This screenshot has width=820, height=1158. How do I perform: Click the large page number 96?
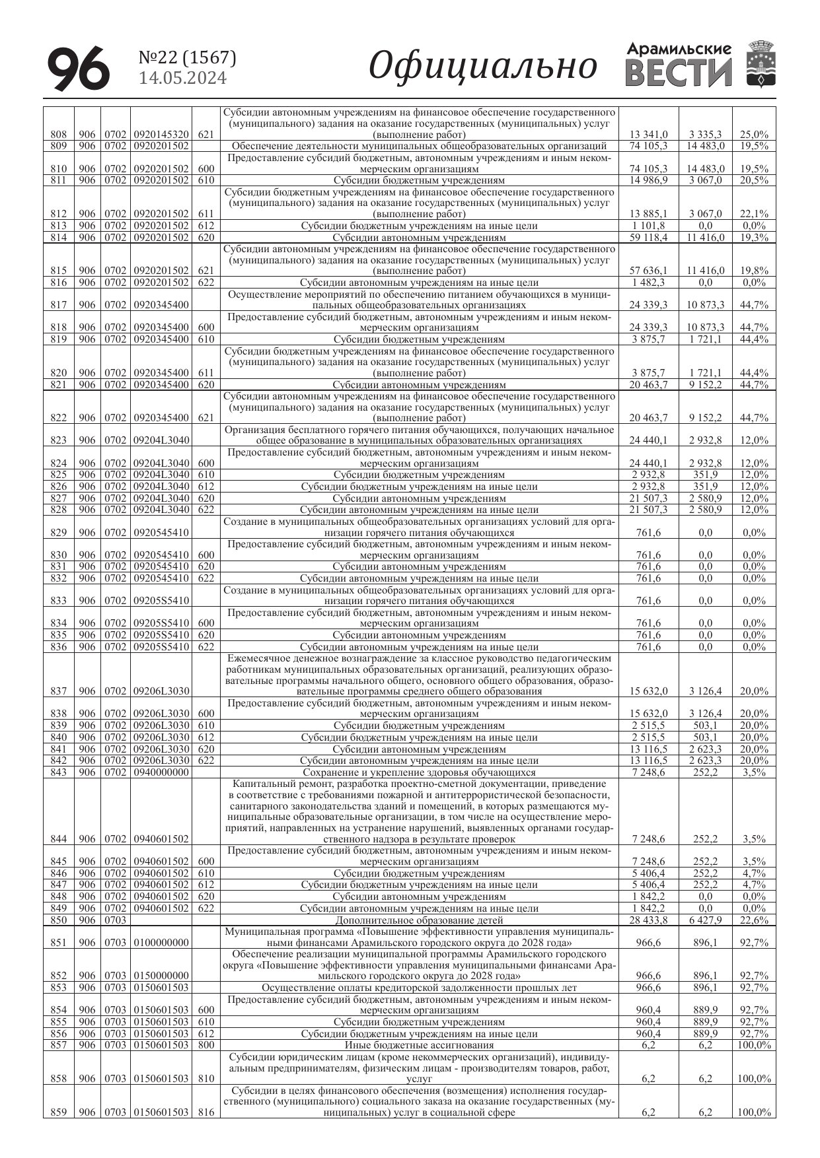pyautogui.click(x=78, y=69)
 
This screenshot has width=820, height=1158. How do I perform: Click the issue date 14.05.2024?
pyautogui.click(x=182, y=79)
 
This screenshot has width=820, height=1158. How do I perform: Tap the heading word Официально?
pyautogui.click(x=482, y=66)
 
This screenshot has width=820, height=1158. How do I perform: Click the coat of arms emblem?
pyautogui.click(x=759, y=64)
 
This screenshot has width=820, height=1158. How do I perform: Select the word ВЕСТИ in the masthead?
pyautogui.click(x=679, y=73)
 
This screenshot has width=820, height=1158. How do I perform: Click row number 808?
pyautogui.click(x=58, y=135)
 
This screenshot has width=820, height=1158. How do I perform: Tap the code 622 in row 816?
pyautogui.click(x=205, y=283)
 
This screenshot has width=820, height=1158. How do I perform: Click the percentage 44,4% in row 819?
pyautogui.click(x=754, y=339)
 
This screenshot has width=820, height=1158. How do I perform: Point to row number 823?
pyautogui.click(x=58, y=440)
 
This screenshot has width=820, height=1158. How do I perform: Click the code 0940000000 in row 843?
pyautogui.click(x=161, y=772)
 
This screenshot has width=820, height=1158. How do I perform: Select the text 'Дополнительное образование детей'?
pyautogui.click(x=419, y=920)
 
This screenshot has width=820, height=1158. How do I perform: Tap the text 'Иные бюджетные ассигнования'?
pyautogui.click(x=419, y=1045)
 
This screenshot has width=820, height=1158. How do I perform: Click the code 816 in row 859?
pyautogui.click(x=205, y=1112)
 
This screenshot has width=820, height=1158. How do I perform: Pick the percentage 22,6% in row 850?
pyautogui.click(x=754, y=920)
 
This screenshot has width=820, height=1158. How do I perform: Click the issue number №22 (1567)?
pyautogui.click(x=188, y=58)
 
